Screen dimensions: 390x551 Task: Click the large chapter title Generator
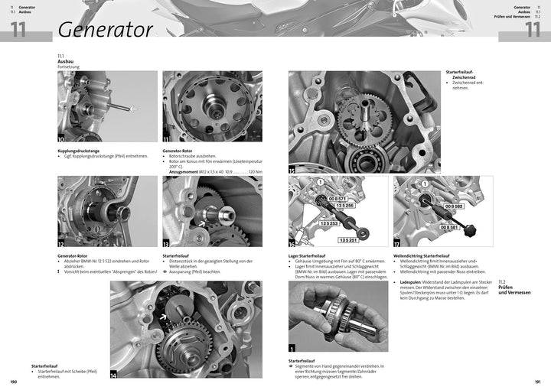pyautogui.click(x=105, y=29)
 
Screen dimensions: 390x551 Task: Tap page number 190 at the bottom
pyautogui.click(x=13, y=382)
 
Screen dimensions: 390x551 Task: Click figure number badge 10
pyautogui.click(x=62, y=138)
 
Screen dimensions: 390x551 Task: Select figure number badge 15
pyautogui.click(x=293, y=169)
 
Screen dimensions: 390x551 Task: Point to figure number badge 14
pyautogui.click(x=114, y=375)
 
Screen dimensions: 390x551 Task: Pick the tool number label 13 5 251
pyautogui.click(x=349, y=240)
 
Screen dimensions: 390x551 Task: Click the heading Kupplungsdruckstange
pyautogui.click(x=80, y=151)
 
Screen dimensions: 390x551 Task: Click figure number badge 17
pyautogui.click(x=398, y=243)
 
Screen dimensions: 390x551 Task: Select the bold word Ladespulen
pyautogui.click(x=412, y=281)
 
